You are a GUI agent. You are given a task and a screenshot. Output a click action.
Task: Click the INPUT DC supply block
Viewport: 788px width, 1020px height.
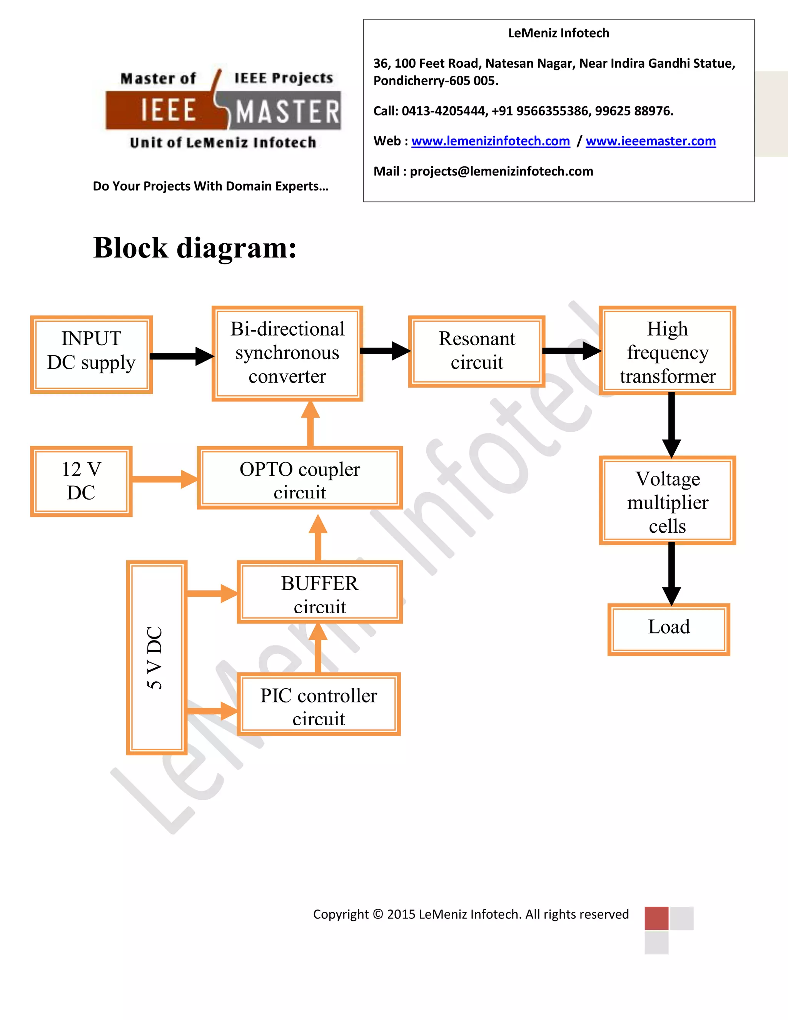[92, 354]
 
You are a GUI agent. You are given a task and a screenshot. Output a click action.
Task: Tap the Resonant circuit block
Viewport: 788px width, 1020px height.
[477, 351]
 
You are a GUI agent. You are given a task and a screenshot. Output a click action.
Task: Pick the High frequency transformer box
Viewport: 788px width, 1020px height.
[667, 351]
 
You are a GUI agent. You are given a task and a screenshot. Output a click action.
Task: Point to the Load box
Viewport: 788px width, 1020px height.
[668, 629]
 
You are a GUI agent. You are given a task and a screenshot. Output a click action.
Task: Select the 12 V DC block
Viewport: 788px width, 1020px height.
[81, 481]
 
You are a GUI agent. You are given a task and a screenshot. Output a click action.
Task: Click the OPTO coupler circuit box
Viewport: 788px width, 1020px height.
[300, 478]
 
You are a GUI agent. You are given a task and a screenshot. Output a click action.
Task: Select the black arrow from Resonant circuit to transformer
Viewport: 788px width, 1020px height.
[571, 351]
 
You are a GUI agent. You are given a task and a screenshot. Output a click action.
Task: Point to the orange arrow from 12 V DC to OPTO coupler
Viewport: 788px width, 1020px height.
[164, 479]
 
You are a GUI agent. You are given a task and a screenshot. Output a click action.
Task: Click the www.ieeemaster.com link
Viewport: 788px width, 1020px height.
[650, 141]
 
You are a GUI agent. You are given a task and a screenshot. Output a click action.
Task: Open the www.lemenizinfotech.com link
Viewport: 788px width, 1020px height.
[490, 141]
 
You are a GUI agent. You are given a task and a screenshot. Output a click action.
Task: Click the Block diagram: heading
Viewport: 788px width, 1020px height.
[195, 247]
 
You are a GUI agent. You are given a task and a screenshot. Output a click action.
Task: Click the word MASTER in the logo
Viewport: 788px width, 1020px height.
[287, 112]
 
